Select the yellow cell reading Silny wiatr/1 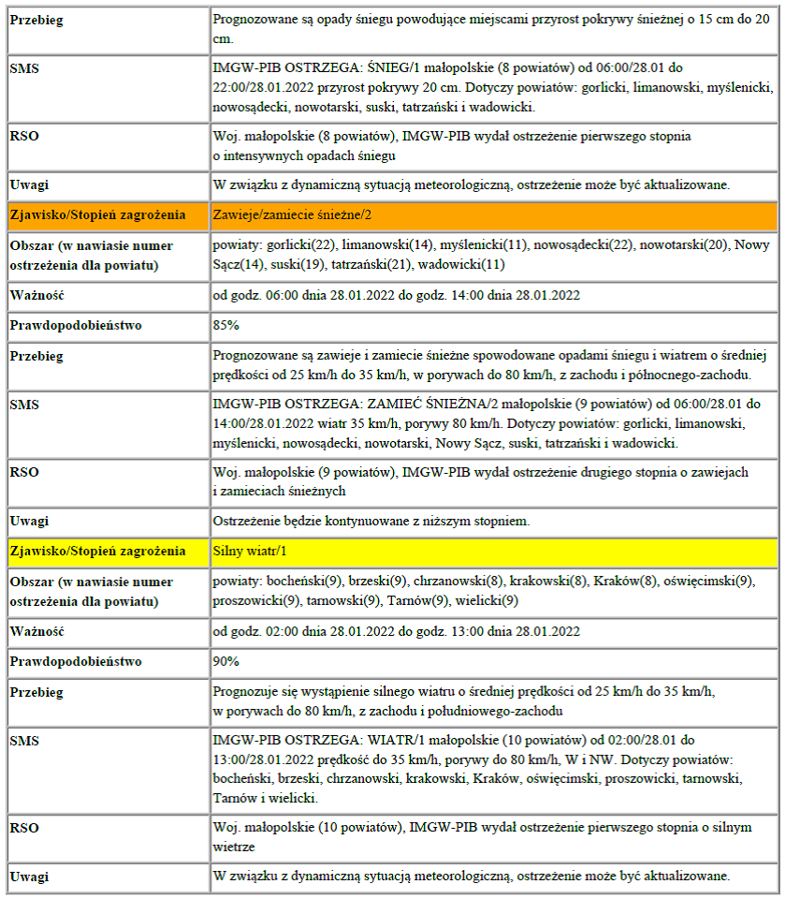point(248,551)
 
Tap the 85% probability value point(226,325)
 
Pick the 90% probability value point(226,661)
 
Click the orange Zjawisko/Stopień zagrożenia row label point(97,214)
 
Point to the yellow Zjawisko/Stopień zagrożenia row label point(97,551)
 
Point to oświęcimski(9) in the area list point(708,582)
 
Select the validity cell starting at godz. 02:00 point(397,631)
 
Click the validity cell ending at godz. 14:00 point(397,295)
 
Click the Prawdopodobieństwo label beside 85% point(76,325)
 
